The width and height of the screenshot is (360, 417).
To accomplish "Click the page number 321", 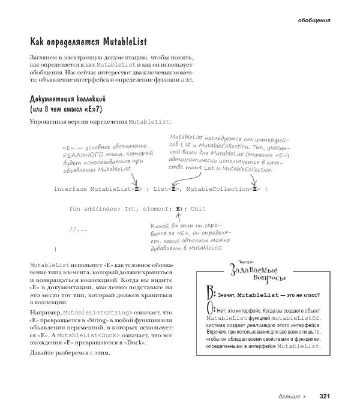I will tap(325, 396).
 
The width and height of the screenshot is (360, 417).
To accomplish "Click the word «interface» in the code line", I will tap(70, 189).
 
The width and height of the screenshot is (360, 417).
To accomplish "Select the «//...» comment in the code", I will tap(79, 229).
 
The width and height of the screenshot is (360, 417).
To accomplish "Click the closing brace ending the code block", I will tap(55, 248).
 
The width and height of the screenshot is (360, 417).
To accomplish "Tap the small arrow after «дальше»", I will tap(305, 397).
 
